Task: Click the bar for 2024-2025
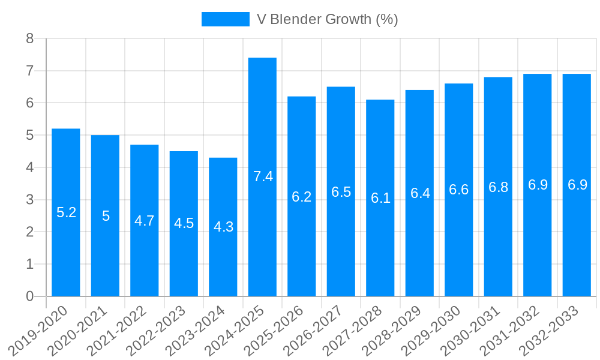click(x=262, y=177)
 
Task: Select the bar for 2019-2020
click(x=66, y=212)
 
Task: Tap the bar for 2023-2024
click(x=223, y=227)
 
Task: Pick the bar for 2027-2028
click(x=380, y=198)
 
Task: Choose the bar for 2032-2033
click(x=577, y=185)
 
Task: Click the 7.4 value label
click(x=263, y=176)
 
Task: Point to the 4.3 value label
click(x=224, y=227)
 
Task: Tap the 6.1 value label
click(x=380, y=198)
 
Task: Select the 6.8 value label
click(x=498, y=187)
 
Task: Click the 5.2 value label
click(x=66, y=212)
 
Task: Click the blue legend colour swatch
click(x=225, y=19)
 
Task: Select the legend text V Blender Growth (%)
click(x=327, y=19)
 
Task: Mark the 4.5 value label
click(x=184, y=223)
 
